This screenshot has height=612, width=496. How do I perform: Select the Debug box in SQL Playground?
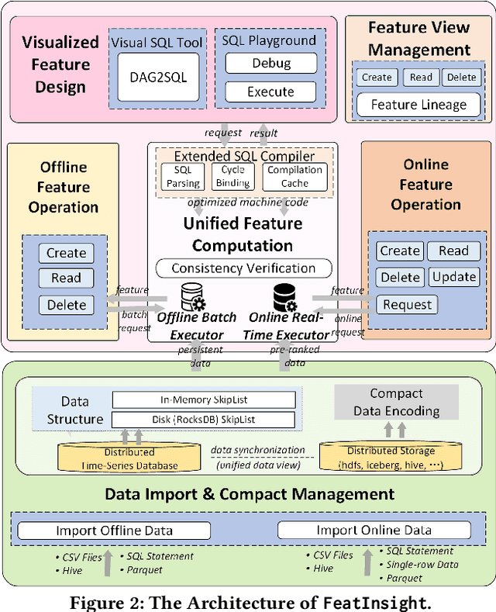coord(270,63)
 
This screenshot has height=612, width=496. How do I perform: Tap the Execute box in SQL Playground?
coord(270,92)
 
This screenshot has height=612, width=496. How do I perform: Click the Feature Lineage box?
coord(418,104)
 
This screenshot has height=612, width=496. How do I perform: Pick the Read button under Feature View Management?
coord(422,77)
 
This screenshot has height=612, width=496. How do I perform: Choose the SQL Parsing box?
coord(184,177)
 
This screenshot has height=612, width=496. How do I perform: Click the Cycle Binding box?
coord(233,177)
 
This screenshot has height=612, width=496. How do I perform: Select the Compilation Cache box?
coord(294,177)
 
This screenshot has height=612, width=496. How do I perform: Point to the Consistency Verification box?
coord(244,268)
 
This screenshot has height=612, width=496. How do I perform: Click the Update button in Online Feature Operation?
coord(453,277)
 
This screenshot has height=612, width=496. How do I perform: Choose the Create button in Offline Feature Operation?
coord(66,253)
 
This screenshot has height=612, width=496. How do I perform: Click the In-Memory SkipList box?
coord(204,399)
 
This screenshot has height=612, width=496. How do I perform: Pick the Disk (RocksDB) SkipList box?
coord(204,420)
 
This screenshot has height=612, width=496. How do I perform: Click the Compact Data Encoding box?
coord(396,403)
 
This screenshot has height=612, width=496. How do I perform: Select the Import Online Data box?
coord(374,531)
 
